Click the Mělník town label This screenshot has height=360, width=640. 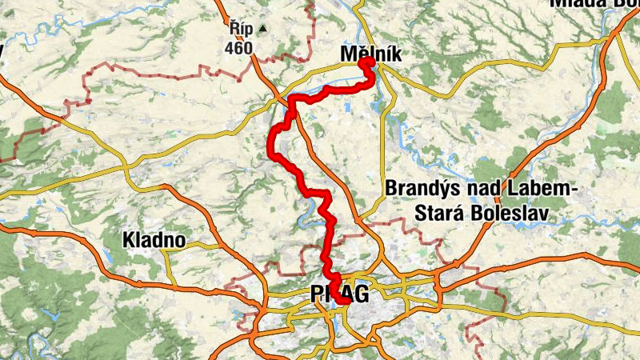pyautogui.click(x=370, y=53)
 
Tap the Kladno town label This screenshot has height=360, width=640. pyautogui.click(x=154, y=239)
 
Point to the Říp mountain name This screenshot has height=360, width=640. pyautogui.click(x=240, y=30)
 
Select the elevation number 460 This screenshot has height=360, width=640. pyautogui.click(x=239, y=48)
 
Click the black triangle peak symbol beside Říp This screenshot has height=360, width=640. pyautogui.click(x=262, y=30)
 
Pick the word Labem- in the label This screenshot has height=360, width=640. pyautogui.click(x=540, y=189)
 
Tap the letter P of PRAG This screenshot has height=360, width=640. pyautogui.click(x=317, y=294)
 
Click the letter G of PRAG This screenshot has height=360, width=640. pyautogui.click(x=361, y=294)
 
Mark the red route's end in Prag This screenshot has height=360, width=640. pyautogui.click(x=342, y=302)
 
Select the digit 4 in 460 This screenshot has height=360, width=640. pyautogui.click(x=230, y=48)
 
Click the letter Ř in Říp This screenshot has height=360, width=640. pyautogui.click(x=234, y=30)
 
